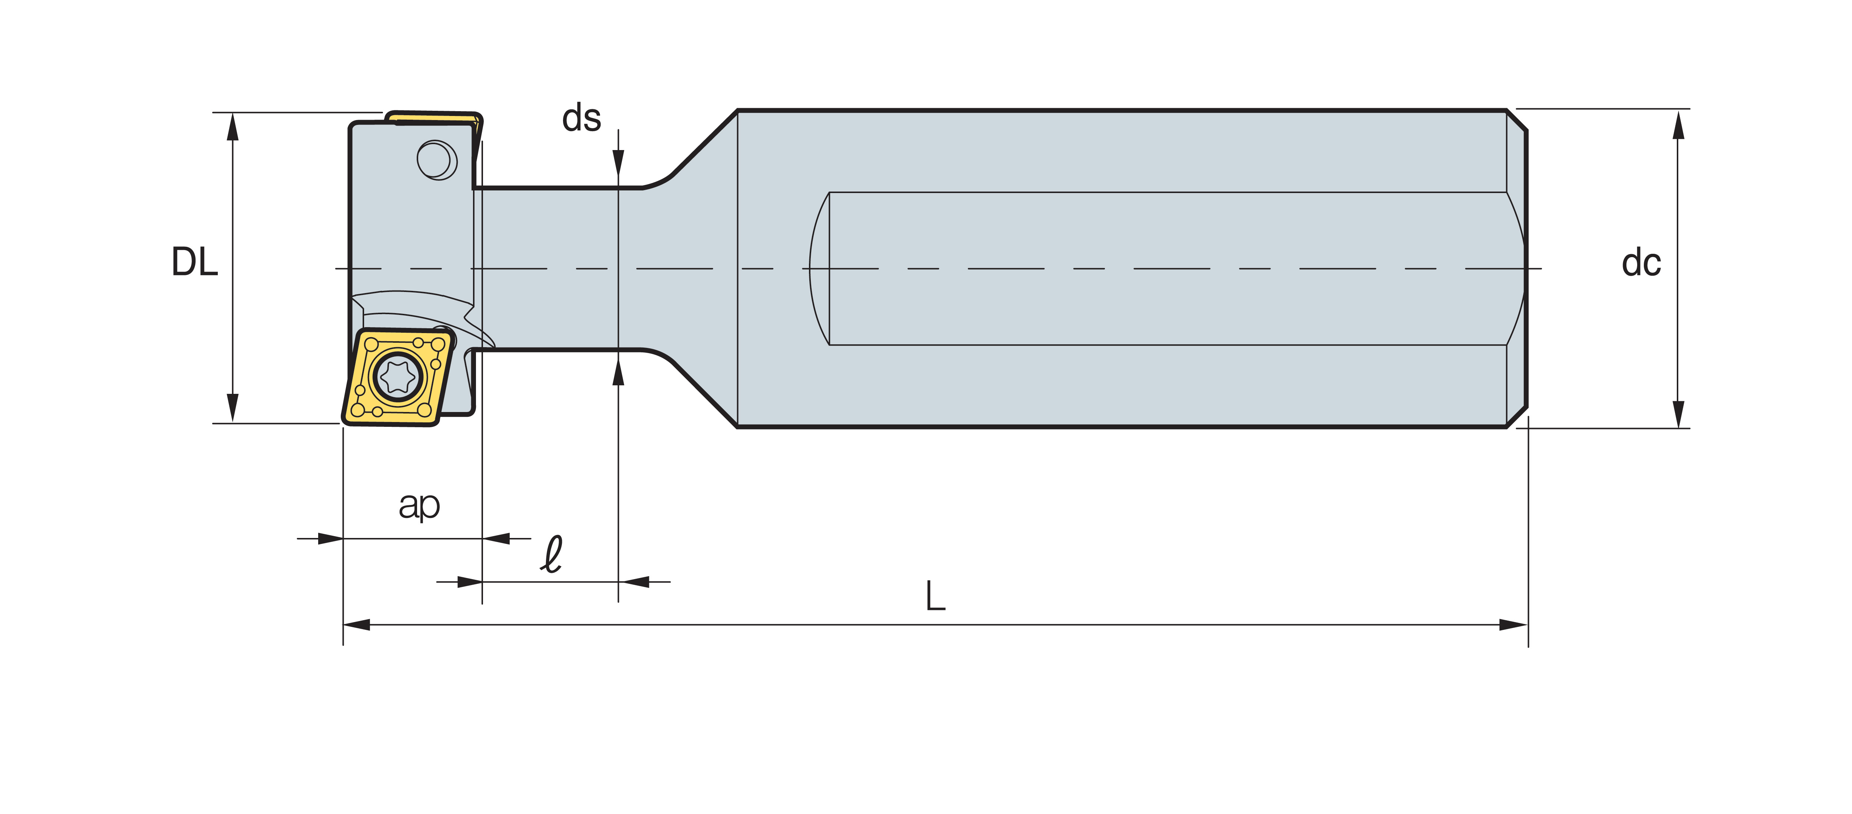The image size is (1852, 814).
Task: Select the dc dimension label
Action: pos(1641,263)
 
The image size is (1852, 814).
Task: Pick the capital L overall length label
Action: pos(935,597)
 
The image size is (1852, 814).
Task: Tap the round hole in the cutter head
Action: pos(436,159)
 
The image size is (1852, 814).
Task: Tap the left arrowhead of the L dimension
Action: pos(357,624)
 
